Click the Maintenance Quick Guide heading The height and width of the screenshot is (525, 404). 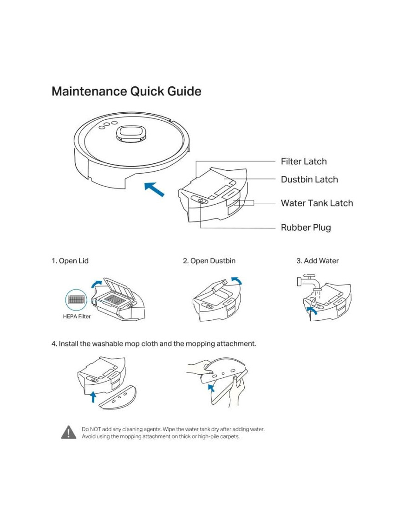click(x=126, y=91)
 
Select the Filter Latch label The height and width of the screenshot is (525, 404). click(x=304, y=162)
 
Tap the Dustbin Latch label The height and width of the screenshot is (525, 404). click(x=309, y=180)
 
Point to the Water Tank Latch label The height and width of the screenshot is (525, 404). click(x=317, y=203)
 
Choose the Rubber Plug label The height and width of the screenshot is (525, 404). click(x=306, y=228)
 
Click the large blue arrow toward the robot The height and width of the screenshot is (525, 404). click(x=154, y=189)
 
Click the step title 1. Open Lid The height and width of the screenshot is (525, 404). click(x=70, y=261)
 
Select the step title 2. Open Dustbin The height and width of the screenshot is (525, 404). click(x=209, y=261)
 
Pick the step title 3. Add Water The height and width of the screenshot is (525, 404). click(x=318, y=261)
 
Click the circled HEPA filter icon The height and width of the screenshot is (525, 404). click(x=76, y=299)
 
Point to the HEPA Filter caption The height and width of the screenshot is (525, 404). click(x=77, y=317)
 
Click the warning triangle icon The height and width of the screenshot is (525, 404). click(x=69, y=432)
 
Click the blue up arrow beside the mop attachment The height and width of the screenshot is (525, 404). click(x=93, y=395)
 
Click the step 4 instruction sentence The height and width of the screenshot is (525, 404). click(x=154, y=344)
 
